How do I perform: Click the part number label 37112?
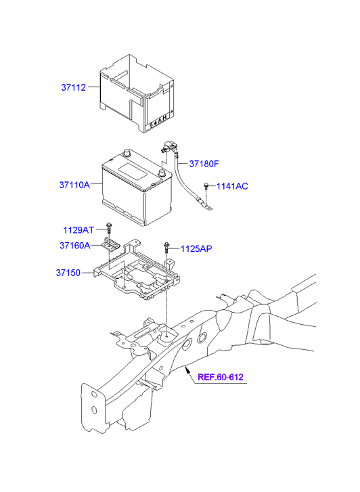pos(74,87)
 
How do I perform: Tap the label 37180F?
pos(204,164)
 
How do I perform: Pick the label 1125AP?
pos(196,249)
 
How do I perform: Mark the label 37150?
pos(68,273)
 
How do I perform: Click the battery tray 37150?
pos(142,274)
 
